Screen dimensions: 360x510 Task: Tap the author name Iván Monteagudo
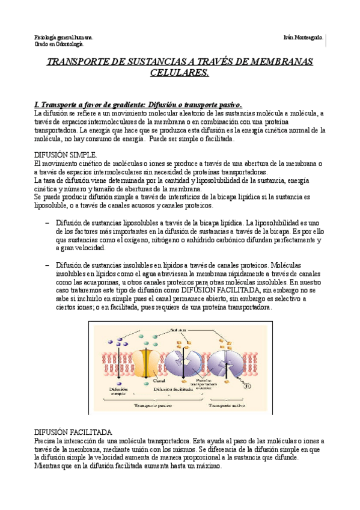click(302, 37)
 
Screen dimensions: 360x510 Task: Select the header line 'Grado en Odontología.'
click(59, 44)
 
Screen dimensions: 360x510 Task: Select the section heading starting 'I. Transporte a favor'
click(138, 103)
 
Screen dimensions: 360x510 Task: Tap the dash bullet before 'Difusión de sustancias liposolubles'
click(47, 222)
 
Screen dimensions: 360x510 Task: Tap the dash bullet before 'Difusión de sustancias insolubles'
click(47, 265)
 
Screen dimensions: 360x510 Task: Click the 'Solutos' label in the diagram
click(178, 330)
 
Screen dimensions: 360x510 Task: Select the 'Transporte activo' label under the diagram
click(230, 406)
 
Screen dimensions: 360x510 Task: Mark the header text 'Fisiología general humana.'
click(63, 37)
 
